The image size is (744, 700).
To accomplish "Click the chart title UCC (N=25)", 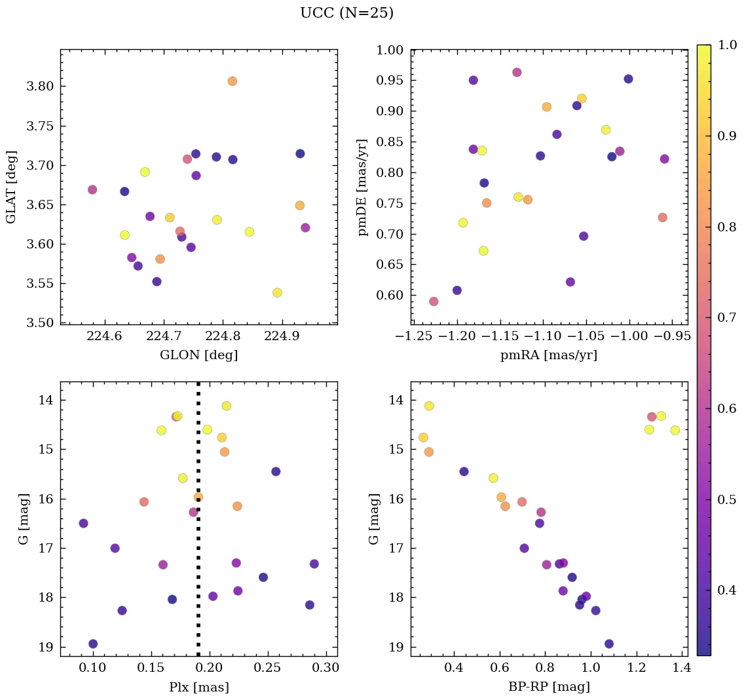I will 346,13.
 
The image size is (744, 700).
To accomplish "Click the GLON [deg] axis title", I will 198,355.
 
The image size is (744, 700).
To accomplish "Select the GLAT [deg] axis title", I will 11,187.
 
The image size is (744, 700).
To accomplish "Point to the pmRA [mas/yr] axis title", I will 549,355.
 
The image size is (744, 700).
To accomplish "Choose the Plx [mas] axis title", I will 198,688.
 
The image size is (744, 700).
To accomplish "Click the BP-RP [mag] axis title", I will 549,688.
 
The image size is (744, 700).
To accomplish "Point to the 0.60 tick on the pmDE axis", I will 390,296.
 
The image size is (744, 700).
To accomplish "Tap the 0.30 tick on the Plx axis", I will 325,669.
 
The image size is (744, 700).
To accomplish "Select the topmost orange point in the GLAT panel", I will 232,81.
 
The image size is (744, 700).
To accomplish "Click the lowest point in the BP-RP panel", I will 609,644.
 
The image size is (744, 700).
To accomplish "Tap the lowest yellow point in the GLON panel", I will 277,292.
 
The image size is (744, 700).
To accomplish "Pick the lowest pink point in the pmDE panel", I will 434,301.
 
